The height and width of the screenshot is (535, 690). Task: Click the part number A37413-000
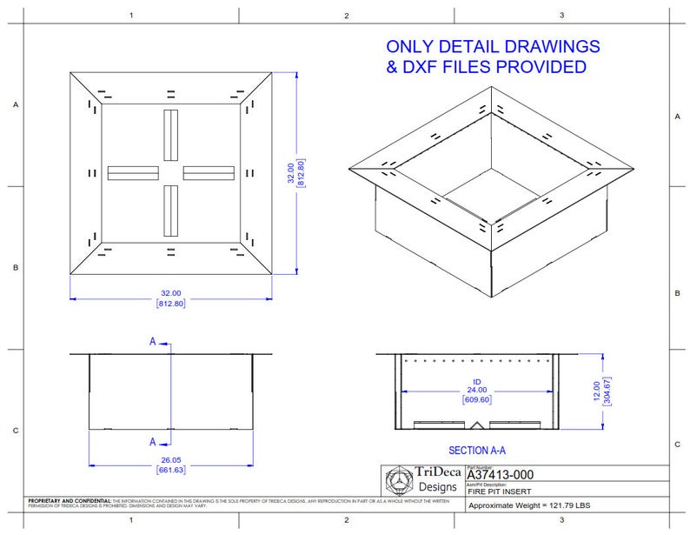click(500, 474)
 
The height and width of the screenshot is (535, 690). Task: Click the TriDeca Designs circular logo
click(401, 480)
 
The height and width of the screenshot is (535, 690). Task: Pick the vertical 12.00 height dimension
click(596, 391)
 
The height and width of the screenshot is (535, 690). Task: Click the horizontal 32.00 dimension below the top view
click(170, 293)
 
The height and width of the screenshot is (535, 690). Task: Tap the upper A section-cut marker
click(153, 342)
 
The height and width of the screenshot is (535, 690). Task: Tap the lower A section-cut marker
click(153, 441)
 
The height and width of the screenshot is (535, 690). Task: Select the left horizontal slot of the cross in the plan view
click(132, 172)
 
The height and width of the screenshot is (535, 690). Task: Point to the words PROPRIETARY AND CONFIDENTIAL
click(70, 502)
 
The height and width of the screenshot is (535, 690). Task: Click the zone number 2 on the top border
click(346, 15)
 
